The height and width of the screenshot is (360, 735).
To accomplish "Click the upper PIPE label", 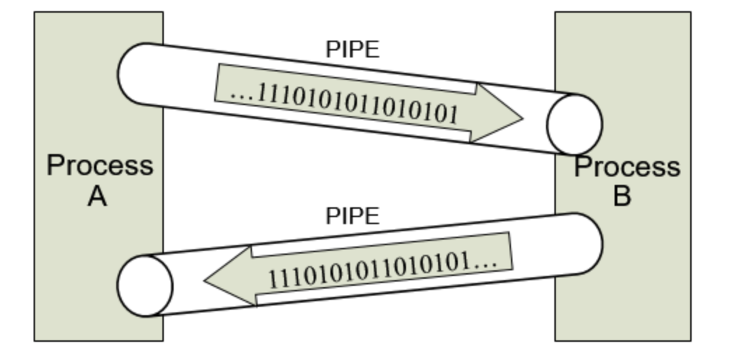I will point(352,49).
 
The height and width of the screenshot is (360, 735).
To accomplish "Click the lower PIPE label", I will point(352,216).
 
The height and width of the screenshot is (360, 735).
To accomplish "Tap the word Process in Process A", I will point(99,166).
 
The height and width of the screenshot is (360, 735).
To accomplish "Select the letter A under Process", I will point(97,197).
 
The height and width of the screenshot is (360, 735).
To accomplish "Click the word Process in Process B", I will point(626,167).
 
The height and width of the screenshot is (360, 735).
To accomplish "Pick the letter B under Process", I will point(622,196).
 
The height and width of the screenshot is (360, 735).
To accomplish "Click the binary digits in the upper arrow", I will point(358,103).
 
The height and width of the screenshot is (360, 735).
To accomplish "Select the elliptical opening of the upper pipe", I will point(574,124).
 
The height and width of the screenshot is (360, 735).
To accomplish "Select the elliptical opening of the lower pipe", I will point(145,286).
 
